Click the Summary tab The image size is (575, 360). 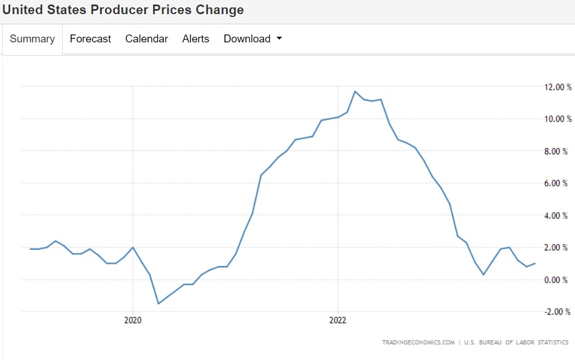(32, 39)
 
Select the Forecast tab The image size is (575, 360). (90, 39)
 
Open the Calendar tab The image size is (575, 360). (146, 39)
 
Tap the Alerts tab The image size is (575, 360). (196, 39)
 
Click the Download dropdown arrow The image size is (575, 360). (279, 39)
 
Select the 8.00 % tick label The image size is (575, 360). (557, 151)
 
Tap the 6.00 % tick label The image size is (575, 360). (557, 183)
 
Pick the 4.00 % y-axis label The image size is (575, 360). (557, 215)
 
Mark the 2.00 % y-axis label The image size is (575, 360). (557, 248)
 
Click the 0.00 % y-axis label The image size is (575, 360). (557, 280)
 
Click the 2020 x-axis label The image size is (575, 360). (133, 320)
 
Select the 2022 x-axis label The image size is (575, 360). (338, 320)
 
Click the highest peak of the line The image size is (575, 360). (355, 92)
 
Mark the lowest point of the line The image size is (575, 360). (158, 303)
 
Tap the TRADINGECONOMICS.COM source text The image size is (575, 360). (418, 342)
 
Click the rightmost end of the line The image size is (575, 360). (535, 263)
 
